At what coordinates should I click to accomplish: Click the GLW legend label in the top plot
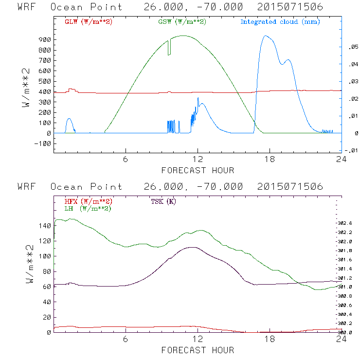pos(88,22)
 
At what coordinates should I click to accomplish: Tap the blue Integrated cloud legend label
pos(280,22)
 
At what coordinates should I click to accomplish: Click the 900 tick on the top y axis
pos(44,40)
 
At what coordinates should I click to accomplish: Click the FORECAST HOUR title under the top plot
pos(198,170)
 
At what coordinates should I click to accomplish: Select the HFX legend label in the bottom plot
pos(88,201)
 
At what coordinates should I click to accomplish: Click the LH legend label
pos(88,208)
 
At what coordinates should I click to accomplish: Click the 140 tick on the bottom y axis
pos(44,226)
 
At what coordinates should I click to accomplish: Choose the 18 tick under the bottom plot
pos(270,340)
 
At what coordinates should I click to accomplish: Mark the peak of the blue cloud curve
pos(265,36)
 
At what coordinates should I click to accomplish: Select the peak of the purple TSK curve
pos(193,247)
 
